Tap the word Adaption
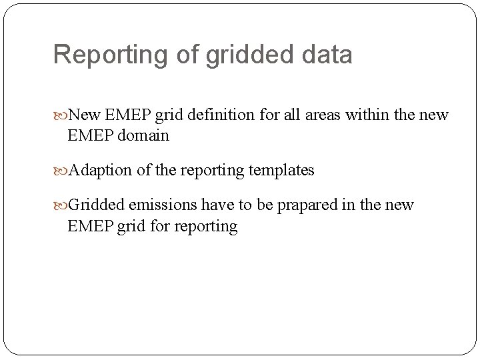click(x=101, y=170)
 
